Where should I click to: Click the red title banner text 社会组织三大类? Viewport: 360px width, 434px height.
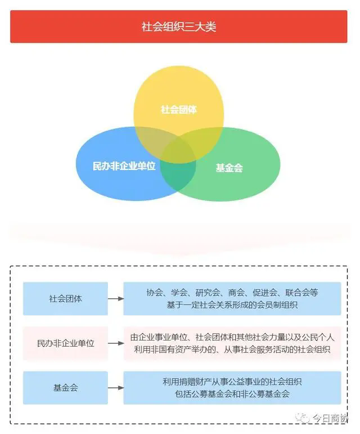[x=179, y=27]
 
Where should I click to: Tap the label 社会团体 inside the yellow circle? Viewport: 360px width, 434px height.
[x=179, y=110]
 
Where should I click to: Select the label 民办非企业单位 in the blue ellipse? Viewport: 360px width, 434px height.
[x=124, y=166]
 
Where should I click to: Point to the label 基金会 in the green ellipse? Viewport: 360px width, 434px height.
[x=229, y=168]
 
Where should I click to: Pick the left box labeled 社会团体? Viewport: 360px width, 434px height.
[x=65, y=299]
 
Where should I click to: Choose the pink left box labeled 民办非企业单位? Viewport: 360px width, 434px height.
[x=65, y=343]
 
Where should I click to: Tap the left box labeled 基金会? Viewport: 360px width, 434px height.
[x=65, y=388]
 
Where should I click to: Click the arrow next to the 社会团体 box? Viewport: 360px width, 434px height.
[x=116, y=299]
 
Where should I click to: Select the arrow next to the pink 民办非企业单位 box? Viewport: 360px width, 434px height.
[x=116, y=343]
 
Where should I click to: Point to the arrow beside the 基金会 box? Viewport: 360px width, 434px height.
[x=116, y=388]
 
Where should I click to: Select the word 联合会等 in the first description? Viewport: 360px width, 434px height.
[x=302, y=293]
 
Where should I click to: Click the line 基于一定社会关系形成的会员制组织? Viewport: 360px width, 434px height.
[x=232, y=305]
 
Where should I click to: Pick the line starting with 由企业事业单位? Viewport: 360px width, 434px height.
[x=232, y=337]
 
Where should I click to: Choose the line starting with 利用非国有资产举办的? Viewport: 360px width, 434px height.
[x=232, y=350]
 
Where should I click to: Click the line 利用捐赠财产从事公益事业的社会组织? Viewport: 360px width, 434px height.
[x=232, y=382]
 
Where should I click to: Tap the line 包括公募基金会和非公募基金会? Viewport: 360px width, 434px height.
[x=232, y=394]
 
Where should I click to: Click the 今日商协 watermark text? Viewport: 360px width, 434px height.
[x=330, y=418]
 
